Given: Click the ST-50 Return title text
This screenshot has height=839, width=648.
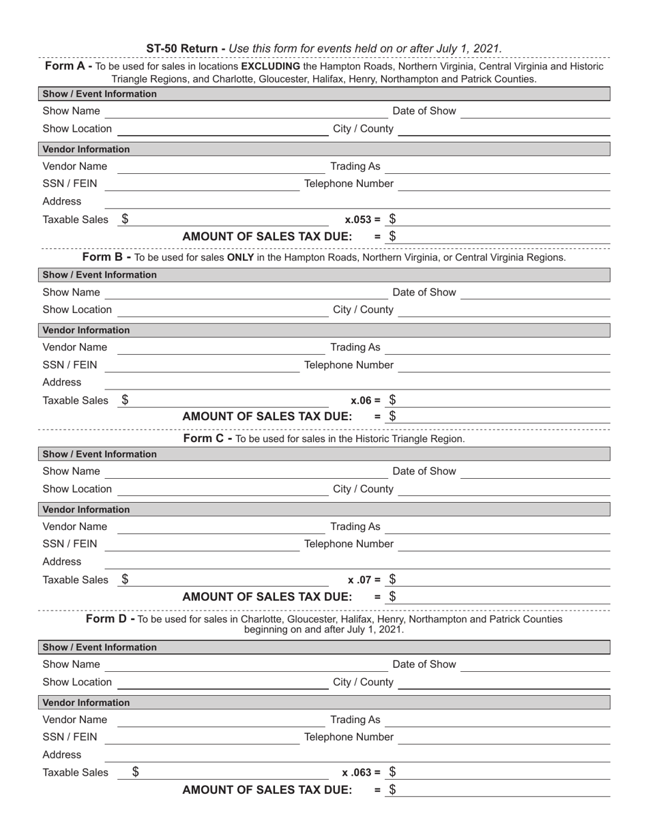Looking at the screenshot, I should [186, 48].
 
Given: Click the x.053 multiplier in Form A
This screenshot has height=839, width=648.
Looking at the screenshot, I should [362, 220].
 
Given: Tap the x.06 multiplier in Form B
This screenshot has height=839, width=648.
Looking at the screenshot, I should [365, 400].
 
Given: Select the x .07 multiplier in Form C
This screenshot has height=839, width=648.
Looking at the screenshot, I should [364, 580].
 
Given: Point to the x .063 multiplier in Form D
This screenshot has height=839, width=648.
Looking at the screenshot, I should [362, 773].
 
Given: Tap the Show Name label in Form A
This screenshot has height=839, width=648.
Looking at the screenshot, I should [71, 111].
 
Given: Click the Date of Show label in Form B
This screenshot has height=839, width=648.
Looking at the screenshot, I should [424, 292].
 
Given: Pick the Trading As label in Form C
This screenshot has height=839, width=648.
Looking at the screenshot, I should [355, 527].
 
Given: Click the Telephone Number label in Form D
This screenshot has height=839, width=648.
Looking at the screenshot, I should [349, 737].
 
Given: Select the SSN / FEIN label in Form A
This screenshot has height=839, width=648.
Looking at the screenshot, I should [70, 183].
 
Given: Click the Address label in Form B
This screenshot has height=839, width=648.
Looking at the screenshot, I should [61, 382].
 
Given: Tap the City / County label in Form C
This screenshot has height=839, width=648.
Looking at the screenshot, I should [363, 488].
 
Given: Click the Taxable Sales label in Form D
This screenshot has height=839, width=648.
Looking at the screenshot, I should [75, 773].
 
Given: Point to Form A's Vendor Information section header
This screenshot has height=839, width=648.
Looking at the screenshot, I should [86, 149].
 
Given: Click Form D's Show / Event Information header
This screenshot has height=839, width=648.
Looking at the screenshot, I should [100, 647].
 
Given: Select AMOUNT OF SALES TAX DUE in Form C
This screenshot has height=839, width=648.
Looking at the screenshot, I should [267, 597].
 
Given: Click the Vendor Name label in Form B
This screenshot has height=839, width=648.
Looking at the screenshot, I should [74, 347].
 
